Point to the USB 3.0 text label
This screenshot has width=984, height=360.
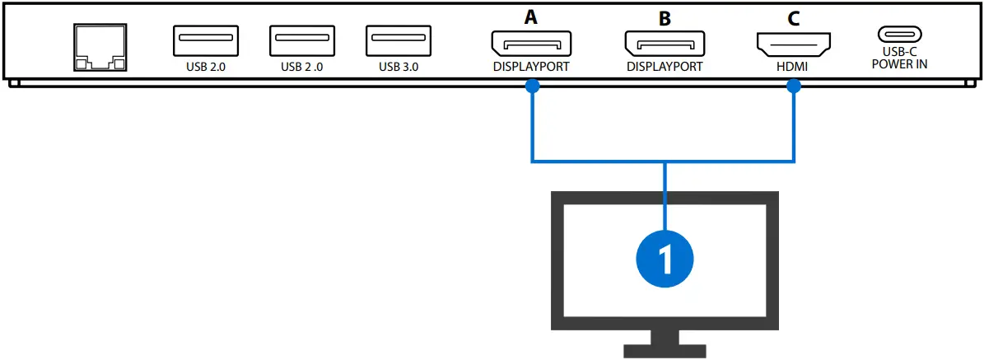click(x=399, y=67)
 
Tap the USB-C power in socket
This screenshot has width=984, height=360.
click(x=899, y=35)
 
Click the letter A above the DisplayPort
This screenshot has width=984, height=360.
click(x=531, y=16)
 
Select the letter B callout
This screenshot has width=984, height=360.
click(x=664, y=16)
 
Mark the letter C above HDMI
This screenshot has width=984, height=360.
click(x=794, y=16)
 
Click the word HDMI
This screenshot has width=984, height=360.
click(x=794, y=67)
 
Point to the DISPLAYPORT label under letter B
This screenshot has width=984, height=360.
click(x=664, y=67)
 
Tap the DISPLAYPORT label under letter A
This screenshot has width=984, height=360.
click(x=531, y=67)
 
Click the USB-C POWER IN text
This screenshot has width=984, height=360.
click(x=899, y=58)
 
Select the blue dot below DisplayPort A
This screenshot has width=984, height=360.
click(x=533, y=86)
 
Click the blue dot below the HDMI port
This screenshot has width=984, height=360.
click(x=794, y=86)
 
